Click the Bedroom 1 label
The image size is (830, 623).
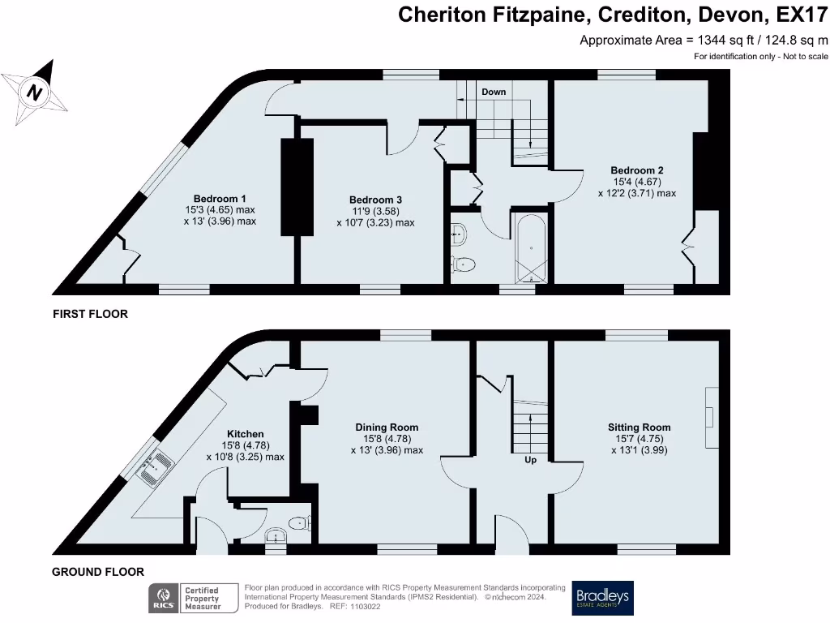point(219,199)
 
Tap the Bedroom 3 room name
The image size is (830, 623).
point(375,200)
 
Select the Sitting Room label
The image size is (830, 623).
point(639,427)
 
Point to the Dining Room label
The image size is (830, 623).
point(387,427)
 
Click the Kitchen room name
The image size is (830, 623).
point(245,434)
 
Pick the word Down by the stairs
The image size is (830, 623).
point(494,92)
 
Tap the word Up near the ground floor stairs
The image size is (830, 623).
point(530,459)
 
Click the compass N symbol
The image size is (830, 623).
point(34,92)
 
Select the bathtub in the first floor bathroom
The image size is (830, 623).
point(532,248)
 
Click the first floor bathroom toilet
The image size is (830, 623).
point(463,264)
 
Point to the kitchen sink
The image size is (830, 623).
point(155,466)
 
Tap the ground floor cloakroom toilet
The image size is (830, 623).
point(300,523)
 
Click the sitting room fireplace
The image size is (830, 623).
point(712,418)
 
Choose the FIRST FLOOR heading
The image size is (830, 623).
point(91,314)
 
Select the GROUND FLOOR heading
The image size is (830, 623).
point(98,572)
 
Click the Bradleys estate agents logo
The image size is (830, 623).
point(602,598)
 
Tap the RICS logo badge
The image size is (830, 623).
point(164,599)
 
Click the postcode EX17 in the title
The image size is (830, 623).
point(802,15)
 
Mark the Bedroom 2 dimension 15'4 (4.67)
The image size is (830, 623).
point(637,182)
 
